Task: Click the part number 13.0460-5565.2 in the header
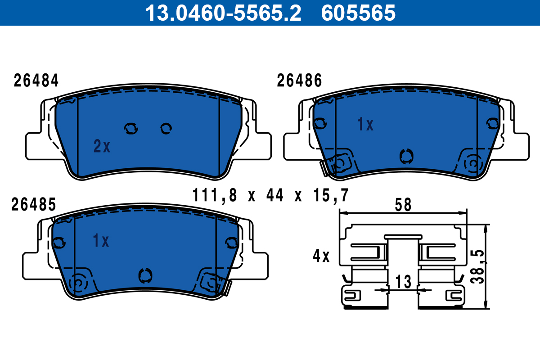[x=222, y=13]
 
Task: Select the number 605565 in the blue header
[x=358, y=13]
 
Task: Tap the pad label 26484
[x=36, y=81]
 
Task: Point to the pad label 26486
[x=299, y=81]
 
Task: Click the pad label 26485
[x=34, y=205]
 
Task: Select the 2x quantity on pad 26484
[x=102, y=146]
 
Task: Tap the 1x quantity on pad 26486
[x=365, y=125]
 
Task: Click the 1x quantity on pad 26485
[x=101, y=241]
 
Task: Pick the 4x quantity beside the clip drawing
[x=321, y=257]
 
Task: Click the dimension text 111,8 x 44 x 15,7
[x=271, y=196]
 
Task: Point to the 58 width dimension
[x=403, y=205]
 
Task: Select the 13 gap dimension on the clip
[x=404, y=282]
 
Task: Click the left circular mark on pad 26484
[x=131, y=129]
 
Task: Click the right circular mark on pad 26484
[x=166, y=129]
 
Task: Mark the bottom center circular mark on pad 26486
[x=406, y=156]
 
